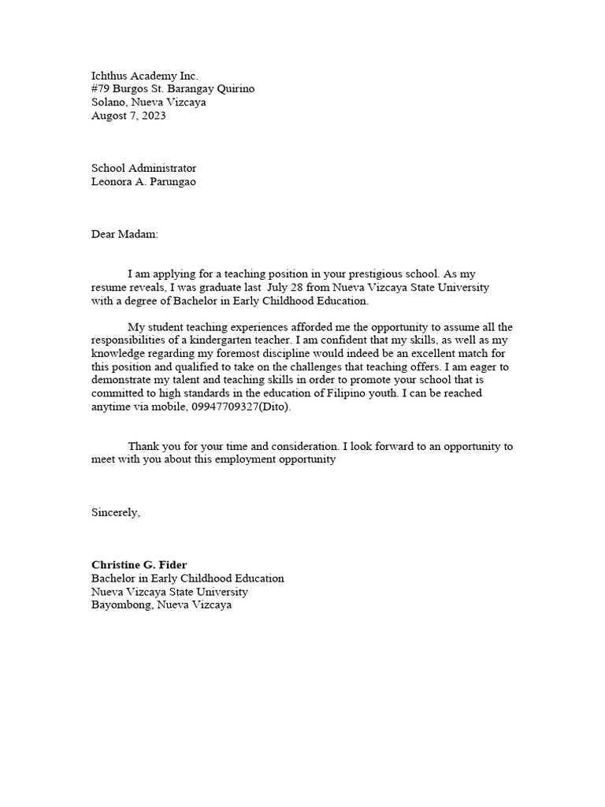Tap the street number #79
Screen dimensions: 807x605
(x=102, y=89)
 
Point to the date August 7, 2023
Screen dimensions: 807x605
(x=128, y=115)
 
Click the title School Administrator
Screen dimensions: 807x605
(x=144, y=168)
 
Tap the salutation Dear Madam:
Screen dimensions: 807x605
(x=124, y=234)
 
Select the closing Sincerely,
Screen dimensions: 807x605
(x=116, y=512)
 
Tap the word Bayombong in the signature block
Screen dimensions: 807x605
(x=121, y=605)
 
